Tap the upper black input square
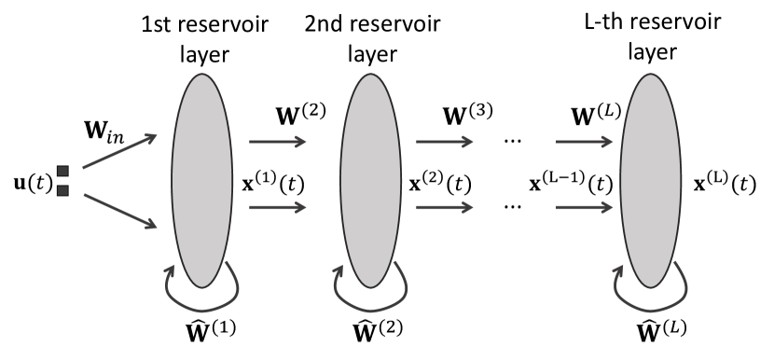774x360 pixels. (x=63, y=171)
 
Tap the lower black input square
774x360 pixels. (x=63, y=191)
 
